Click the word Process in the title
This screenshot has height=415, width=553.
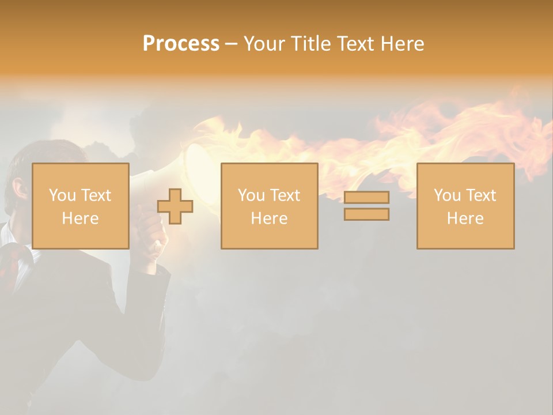click(x=181, y=44)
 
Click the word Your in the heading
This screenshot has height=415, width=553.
click(x=266, y=44)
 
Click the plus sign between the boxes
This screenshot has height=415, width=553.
click(x=175, y=206)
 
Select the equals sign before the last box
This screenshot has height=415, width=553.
click(x=366, y=206)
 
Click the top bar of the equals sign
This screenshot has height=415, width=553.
click(x=366, y=198)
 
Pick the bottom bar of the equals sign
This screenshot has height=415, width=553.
click(x=366, y=214)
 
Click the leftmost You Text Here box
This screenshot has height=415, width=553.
click(x=80, y=206)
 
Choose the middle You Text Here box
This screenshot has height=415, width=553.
click(x=269, y=206)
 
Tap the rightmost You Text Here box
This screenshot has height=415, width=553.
click(x=465, y=206)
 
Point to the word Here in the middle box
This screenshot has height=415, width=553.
click(x=269, y=218)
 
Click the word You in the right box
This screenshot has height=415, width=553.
click(x=447, y=195)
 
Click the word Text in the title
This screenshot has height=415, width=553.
click(x=353, y=44)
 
